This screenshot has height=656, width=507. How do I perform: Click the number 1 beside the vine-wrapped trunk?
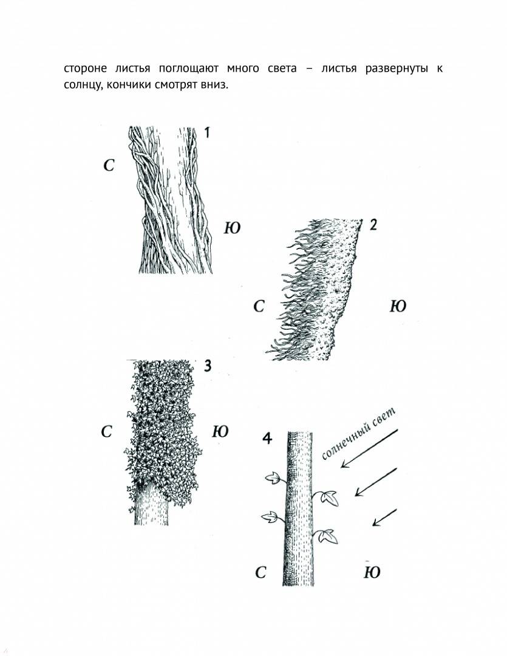206,133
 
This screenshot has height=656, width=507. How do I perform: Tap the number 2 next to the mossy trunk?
373,225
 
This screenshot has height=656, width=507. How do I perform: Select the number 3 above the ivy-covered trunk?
206,366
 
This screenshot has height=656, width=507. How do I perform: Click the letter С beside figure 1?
109,166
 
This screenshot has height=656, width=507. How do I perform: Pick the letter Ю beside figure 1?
232,228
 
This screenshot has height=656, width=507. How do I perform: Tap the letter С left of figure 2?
259,307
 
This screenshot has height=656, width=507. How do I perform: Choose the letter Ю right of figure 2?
398,307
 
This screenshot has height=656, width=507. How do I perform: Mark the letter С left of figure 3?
107,432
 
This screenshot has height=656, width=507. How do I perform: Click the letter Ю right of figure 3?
220,431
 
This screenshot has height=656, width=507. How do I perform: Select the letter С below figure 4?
260,572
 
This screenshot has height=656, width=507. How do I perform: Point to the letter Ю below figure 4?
372,572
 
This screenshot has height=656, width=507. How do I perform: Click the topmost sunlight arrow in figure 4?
369,448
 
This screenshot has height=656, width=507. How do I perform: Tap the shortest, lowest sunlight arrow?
384,517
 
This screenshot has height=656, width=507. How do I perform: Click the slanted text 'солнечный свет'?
358,433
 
